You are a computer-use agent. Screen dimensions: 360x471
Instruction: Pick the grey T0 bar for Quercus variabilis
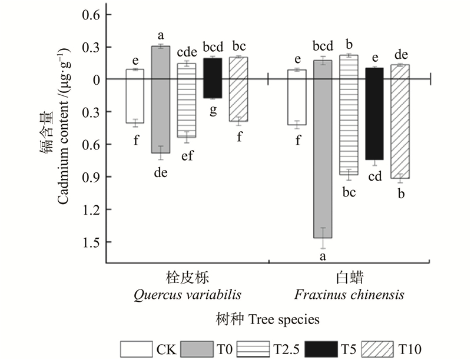coord(161,100)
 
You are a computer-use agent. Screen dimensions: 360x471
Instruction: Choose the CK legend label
coord(165,349)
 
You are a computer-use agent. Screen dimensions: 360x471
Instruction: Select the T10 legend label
coord(411,349)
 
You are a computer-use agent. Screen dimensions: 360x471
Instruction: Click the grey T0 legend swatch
coord(198,349)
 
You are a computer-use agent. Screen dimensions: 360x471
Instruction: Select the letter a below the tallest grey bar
coord(323,257)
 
